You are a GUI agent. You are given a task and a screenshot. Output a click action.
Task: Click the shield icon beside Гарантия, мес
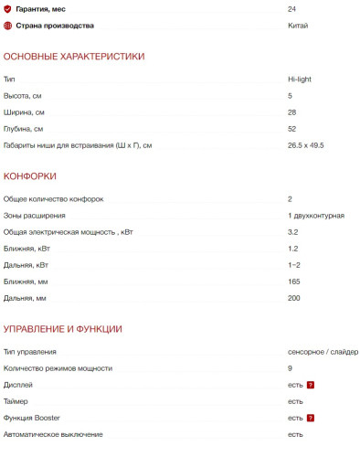[8, 8]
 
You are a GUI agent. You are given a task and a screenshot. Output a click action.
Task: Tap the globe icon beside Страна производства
[8, 26]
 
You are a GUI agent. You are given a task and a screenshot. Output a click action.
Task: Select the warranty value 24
[291, 8]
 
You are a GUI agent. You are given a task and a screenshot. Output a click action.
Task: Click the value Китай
[297, 26]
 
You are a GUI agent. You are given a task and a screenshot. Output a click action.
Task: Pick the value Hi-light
[300, 80]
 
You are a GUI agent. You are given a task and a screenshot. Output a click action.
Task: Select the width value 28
[291, 112]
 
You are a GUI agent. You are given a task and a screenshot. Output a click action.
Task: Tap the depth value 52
[291, 129]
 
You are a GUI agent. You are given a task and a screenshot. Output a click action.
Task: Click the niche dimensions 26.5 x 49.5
[305, 145]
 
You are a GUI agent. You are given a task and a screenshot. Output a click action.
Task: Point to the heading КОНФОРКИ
[30, 176]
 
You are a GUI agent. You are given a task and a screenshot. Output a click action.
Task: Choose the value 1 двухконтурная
[315, 215]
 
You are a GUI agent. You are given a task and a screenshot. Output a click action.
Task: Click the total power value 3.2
[291, 232]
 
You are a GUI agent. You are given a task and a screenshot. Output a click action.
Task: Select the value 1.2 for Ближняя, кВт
[292, 249]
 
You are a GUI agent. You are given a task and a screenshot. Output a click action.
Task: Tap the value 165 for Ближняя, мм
[293, 282]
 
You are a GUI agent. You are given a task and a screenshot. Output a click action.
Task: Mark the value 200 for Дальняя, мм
[294, 298]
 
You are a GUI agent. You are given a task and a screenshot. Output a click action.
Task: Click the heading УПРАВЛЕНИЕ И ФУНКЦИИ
[63, 329]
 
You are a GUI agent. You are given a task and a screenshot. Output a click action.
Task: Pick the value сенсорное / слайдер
[322, 352]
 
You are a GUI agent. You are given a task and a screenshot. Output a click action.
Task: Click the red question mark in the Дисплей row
[311, 385]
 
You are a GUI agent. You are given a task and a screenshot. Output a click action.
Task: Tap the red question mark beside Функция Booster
[311, 418]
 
